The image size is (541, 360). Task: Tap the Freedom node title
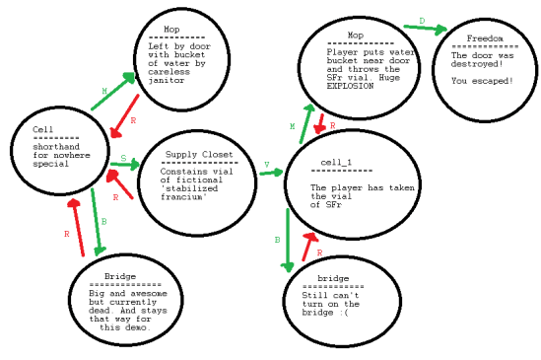tap(477, 38)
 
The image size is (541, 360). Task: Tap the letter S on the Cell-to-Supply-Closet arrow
tap(122, 158)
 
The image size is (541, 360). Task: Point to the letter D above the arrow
tap(422, 20)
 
